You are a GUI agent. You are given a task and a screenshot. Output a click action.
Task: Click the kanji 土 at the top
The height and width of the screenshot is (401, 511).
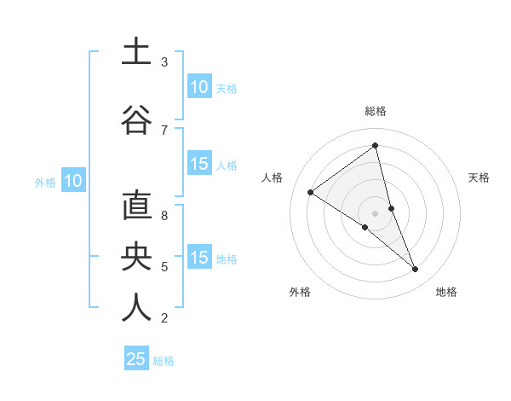pyautogui.click(x=136, y=51)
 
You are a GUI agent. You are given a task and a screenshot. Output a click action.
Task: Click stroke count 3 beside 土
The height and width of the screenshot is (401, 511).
pyautogui.click(x=164, y=62)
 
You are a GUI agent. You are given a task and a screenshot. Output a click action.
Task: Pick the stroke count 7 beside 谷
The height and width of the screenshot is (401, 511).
pyautogui.click(x=164, y=130)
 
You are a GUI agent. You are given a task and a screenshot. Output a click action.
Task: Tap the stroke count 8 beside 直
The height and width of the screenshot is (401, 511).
pyautogui.click(x=164, y=216)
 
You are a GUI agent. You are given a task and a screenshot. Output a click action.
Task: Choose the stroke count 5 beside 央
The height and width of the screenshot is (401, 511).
pyautogui.click(x=164, y=267)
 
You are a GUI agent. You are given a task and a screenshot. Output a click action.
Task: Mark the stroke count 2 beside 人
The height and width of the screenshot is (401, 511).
pyautogui.click(x=164, y=318)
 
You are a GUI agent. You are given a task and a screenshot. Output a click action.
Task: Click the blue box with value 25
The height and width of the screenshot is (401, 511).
pyautogui.click(x=136, y=359)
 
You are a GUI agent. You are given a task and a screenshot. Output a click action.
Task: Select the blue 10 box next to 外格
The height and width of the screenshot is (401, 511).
pyautogui.click(x=72, y=181)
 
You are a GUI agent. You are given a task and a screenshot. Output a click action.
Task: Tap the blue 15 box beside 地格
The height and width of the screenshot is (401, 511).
pyautogui.click(x=199, y=258)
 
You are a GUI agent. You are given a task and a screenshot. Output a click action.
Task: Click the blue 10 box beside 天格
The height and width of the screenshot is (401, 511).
pyautogui.click(x=199, y=87)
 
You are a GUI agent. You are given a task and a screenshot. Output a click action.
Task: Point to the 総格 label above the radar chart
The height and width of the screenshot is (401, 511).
pyautogui.click(x=376, y=111)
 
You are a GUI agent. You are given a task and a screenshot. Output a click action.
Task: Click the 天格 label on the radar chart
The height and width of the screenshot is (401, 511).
pyautogui.click(x=479, y=177)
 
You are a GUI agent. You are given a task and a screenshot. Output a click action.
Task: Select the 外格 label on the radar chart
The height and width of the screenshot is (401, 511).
pyautogui.click(x=300, y=292)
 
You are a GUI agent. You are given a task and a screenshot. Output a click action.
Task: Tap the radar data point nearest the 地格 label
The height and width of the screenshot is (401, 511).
pyautogui.click(x=416, y=270)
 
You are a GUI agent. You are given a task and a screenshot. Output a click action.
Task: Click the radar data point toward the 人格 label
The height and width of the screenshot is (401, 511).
pyautogui.click(x=310, y=192)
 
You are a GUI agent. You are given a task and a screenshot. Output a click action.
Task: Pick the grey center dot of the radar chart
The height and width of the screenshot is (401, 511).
pyautogui.click(x=375, y=212)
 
